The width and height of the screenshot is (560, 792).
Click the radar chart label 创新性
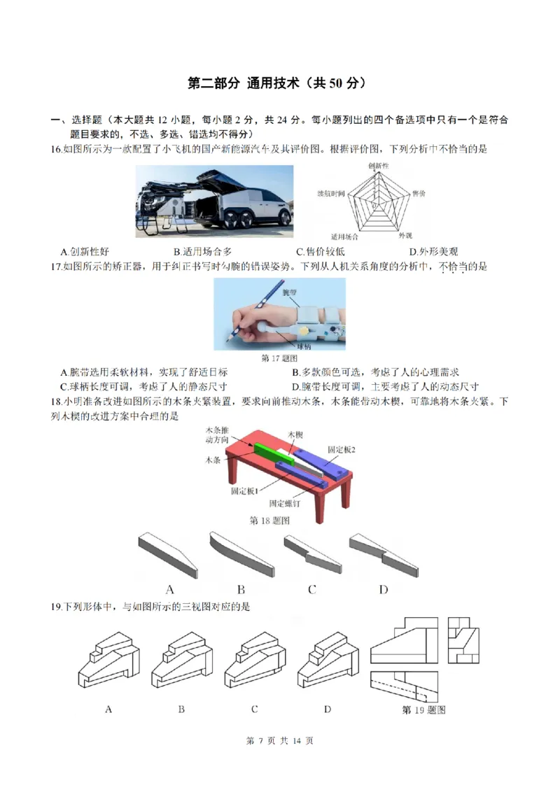[378, 165]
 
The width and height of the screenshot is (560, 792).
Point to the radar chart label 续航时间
[330, 192]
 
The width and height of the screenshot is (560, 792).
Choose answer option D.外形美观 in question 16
[434, 252]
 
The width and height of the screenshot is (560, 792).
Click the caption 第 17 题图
[279, 358]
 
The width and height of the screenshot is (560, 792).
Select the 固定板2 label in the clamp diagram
[342, 449]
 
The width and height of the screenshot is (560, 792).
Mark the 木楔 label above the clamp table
[296, 434]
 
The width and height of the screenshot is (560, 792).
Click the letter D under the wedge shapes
[384, 590]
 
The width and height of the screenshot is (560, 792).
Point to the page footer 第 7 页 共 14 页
[280, 741]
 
